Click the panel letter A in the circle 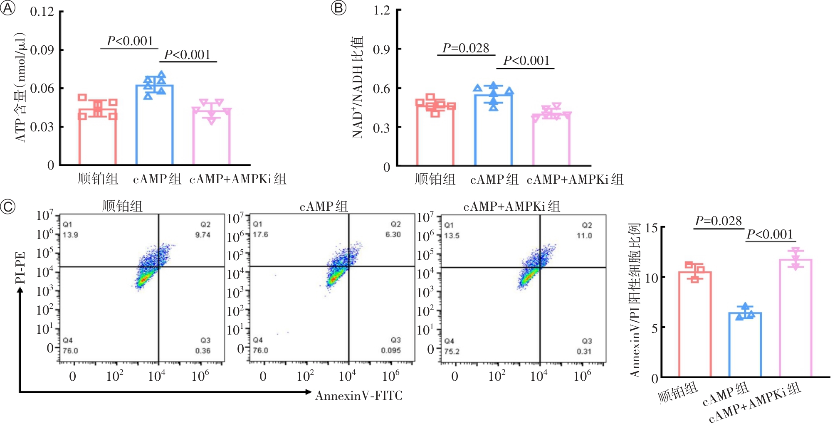tap(7, 8)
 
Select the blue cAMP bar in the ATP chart tap(154, 125)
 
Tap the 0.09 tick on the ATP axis tap(42, 50)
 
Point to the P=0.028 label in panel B tap(466, 48)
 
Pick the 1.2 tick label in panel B tap(381, 10)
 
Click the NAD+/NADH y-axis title tap(358, 87)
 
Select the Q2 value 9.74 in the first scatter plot tap(203, 235)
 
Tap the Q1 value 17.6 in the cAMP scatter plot tap(260, 234)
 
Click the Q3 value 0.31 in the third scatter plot tap(584, 352)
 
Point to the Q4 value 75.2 tap(452, 352)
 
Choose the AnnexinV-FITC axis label tap(359, 396)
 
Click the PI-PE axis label tap(20, 268)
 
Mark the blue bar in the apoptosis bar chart tap(745, 345)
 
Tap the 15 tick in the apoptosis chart tap(651, 228)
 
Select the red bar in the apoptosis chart tap(695, 324)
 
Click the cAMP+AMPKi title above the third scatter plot tap(511, 207)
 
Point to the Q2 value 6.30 tap(393, 234)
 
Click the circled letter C tap(7, 207)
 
